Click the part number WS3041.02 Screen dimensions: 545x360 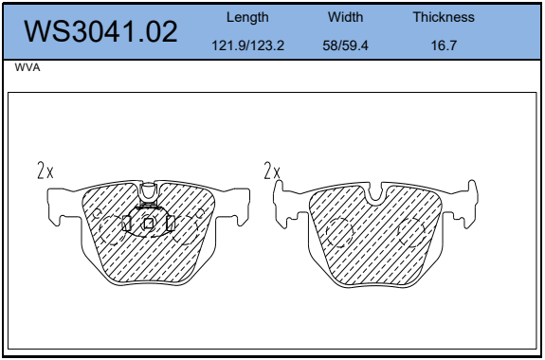click(100, 31)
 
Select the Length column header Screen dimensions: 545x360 click(247, 17)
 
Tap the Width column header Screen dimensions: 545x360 click(345, 17)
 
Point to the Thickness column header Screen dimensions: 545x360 click(444, 17)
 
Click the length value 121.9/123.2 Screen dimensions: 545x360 click(247, 45)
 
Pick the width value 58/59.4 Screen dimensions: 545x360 click(345, 45)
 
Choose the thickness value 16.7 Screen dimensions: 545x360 click(444, 45)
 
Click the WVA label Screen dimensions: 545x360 click(27, 67)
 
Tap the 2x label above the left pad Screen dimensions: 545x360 click(45, 171)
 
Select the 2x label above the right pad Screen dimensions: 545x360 click(272, 171)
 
